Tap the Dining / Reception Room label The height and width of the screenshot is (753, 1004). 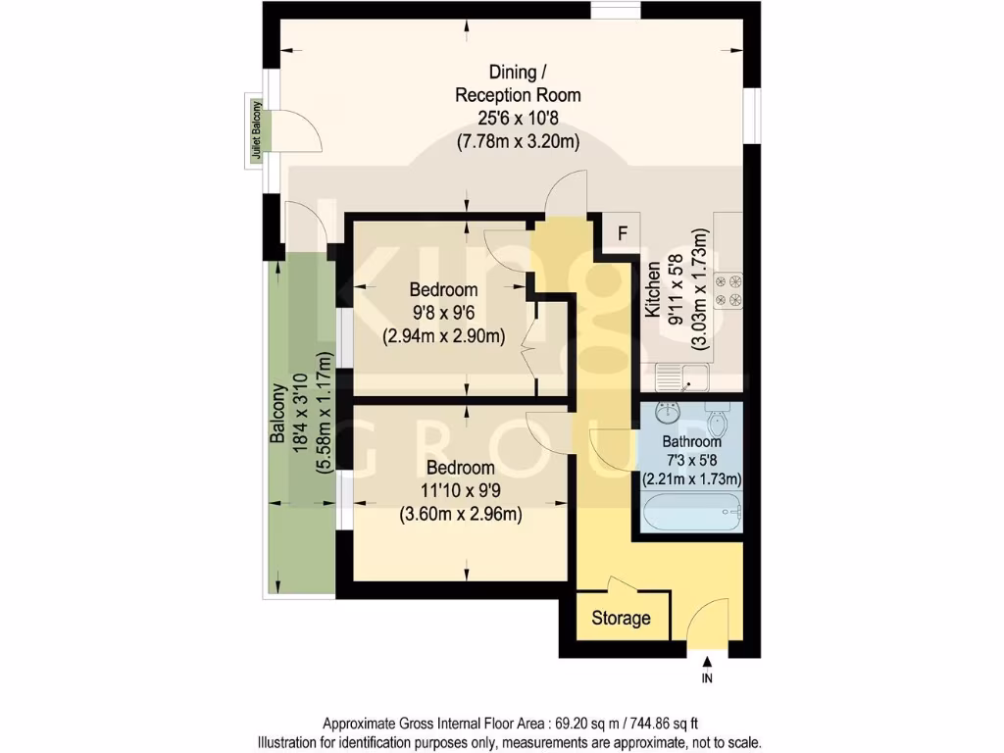coord(518,83)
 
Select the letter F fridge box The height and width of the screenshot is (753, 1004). coord(620,233)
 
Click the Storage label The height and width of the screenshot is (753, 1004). coord(621,619)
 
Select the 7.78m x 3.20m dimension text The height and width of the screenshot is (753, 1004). coord(518,141)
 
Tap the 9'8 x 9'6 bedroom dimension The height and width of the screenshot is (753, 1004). coord(443,314)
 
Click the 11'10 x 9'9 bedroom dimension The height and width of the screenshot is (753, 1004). coord(459,490)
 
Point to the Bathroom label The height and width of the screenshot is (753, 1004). coord(690,442)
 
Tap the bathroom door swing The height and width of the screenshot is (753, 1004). coord(608,451)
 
